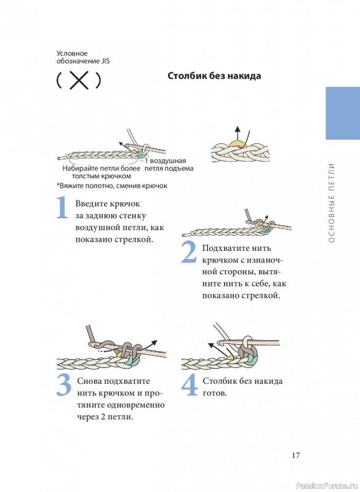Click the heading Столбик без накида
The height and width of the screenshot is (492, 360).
click(214, 76)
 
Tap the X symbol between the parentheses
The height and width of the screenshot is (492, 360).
click(79, 81)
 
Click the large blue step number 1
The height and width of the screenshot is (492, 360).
click(62, 207)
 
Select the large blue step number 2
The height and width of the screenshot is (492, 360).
click(189, 252)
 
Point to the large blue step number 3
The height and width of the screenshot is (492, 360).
click(64, 385)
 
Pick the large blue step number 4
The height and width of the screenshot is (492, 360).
click(190, 385)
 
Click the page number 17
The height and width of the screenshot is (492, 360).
click(295, 455)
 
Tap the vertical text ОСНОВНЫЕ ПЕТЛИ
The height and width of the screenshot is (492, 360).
click(332, 203)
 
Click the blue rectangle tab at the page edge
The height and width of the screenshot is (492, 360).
click(343, 113)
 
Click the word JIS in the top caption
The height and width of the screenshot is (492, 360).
click(105, 61)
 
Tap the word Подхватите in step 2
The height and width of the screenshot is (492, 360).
click(223, 248)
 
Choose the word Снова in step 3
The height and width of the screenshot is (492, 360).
click(89, 381)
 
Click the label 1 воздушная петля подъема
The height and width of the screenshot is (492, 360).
click(169, 165)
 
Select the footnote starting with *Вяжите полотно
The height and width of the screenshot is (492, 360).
click(112, 186)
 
